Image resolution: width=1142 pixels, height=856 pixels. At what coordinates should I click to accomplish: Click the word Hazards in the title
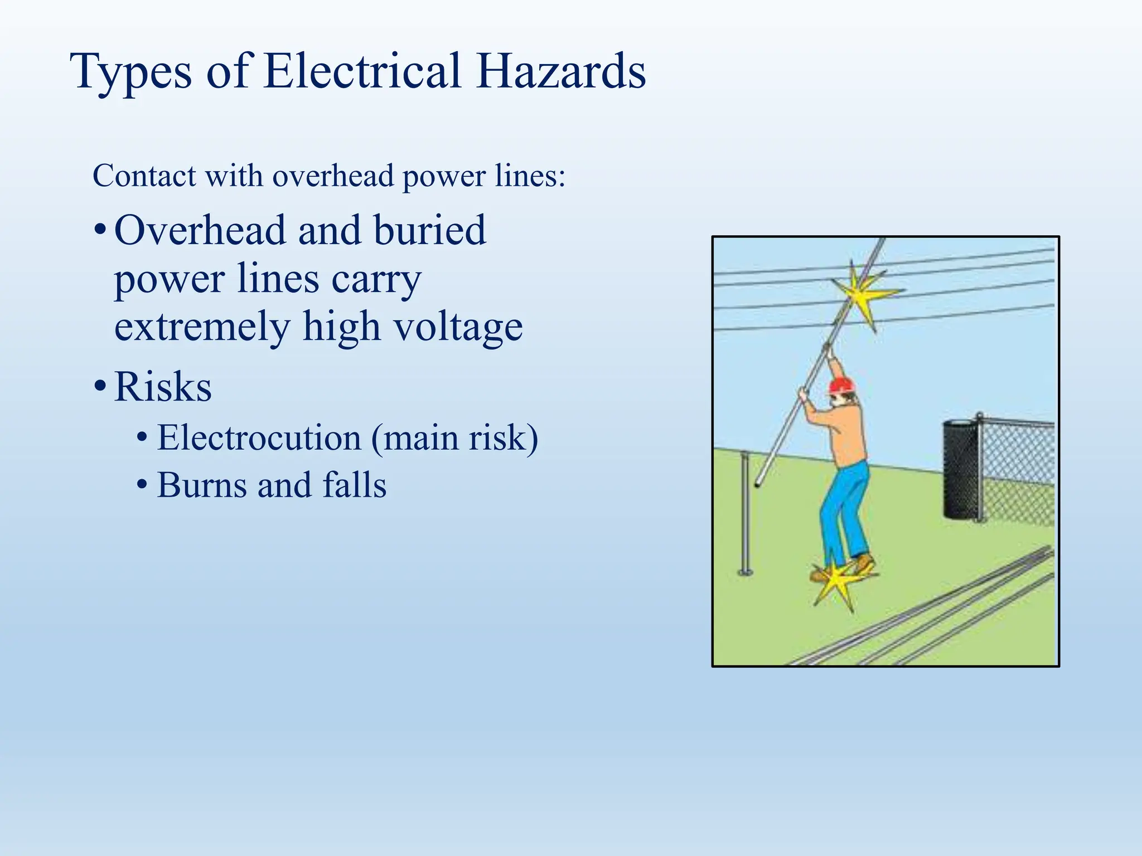pyautogui.click(x=561, y=71)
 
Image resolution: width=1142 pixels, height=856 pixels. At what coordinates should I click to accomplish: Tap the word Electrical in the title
pyautogui.click(x=362, y=71)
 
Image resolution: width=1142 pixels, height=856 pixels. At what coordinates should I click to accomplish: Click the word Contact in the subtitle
pyautogui.click(x=144, y=176)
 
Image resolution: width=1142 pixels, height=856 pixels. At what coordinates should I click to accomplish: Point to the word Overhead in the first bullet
pyautogui.click(x=199, y=230)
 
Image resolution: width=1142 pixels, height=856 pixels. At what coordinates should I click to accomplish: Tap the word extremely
pyautogui.click(x=202, y=328)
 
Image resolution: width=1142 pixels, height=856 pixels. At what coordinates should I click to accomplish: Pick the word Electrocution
pyautogui.click(x=259, y=438)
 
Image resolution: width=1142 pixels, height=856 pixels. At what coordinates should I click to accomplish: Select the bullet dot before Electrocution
pyautogui.click(x=142, y=437)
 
